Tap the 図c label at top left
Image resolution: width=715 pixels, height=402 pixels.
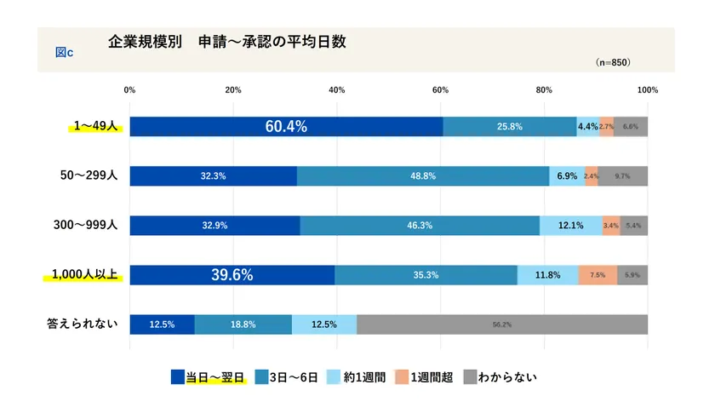tap(64, 53)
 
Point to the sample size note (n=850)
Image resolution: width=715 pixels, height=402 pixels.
tap(613, 62)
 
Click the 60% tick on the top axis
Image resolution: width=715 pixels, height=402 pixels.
tap(440, 89)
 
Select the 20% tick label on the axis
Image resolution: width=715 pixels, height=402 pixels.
tap(233, 89)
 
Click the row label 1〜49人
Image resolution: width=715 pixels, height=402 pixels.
tap(95, 126)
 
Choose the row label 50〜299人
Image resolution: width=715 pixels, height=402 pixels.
tap(89, 175)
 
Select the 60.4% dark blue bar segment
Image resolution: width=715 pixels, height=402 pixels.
tap(286, 127)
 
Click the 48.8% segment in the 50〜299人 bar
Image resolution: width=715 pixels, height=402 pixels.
tap(423, 176)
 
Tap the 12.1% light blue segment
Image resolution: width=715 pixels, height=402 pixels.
tap(570, 226)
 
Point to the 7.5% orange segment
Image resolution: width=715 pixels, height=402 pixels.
tap(598, 275)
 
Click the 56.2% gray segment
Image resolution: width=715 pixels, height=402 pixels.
tap(502, 324)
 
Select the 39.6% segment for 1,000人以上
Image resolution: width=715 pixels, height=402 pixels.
tap(232, 275)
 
